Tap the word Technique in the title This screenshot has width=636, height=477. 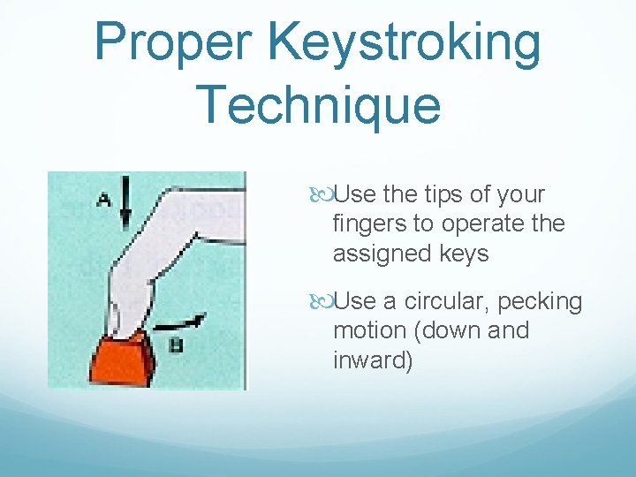pos(318,104)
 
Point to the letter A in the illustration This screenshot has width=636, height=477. pos(103,201)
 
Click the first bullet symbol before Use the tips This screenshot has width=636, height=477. pos(323,194)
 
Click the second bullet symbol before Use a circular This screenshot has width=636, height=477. pos(323,302)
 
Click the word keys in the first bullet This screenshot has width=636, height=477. pos(465,254)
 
